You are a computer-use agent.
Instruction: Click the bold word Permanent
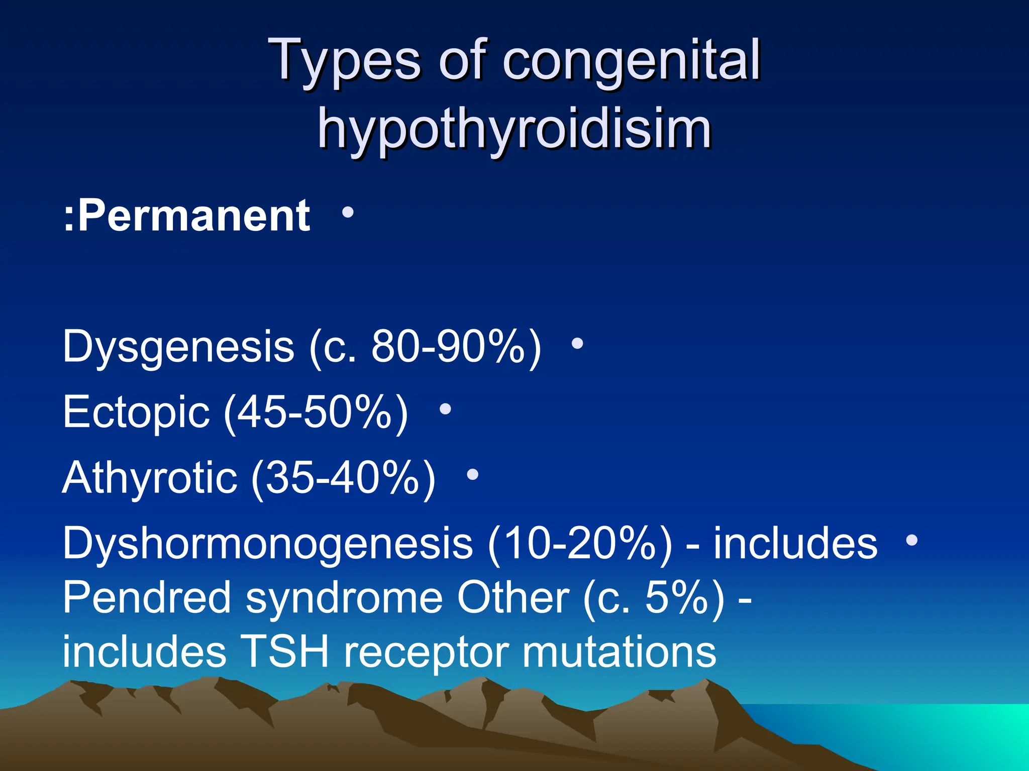click(x=194, y=216)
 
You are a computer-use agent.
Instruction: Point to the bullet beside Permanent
click(x=347, y=213)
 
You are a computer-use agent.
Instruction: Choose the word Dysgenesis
click(x=178, y=347)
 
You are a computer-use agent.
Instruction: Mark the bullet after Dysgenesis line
click(x=578, y=344)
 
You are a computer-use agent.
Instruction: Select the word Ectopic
click(x=136, y=412)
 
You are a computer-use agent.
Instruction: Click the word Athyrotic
click(x=150, y=477)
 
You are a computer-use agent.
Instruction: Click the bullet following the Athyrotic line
click(x=472, y=474)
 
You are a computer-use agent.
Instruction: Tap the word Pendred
click(x=146, y=597)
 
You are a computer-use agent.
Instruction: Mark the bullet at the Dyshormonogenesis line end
click(x=911, y=540)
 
